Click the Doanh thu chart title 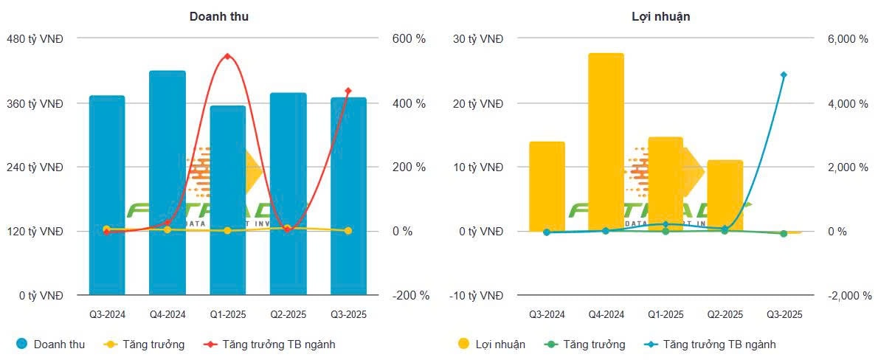218,16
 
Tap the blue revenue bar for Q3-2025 348,196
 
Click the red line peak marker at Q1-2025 227,56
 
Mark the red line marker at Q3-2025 348,91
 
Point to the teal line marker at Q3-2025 784,75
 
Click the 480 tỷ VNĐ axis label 35,39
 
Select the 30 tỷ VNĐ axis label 477,39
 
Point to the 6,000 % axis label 847,39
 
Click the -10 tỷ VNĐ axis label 476,296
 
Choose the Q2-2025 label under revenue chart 288,315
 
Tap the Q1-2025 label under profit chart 665,315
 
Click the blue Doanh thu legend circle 22,344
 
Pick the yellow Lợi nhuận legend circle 464,344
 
